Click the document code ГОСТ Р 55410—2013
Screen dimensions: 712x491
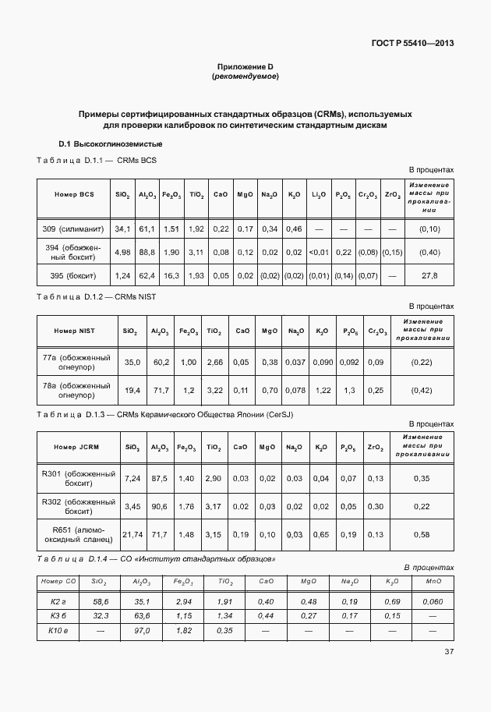412,43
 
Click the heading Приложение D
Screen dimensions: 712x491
245,67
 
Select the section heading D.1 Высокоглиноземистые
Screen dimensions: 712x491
110,144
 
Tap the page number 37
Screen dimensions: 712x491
449,651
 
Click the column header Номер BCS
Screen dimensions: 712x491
74,194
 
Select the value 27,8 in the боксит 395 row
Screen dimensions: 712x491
429,275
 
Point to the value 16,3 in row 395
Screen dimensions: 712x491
171,275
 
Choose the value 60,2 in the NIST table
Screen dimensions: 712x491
161,362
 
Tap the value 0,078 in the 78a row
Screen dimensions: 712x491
295,390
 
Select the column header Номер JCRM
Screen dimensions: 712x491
76,447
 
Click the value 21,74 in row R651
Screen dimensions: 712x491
132,534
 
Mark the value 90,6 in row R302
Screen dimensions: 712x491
160,506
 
